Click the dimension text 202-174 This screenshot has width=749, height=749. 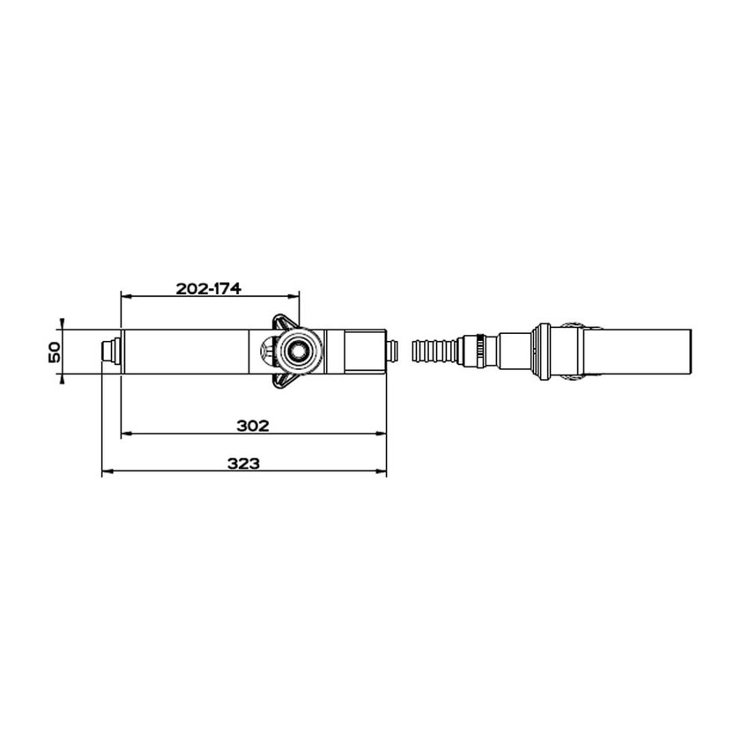(x=208, y=288)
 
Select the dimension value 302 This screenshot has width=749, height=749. (x=253, y=426)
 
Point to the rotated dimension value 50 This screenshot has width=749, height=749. (x=53, y=352)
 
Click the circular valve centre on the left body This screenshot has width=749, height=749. (x=294, y=352)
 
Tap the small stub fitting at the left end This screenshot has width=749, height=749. (x=109, y=352)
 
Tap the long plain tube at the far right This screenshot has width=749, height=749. (x=640, y=351)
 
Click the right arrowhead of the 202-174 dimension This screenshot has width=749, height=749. (x=296, y=296)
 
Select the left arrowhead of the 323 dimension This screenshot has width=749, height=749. (x=106, y=472)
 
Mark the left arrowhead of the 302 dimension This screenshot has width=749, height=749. (x=124, y=434)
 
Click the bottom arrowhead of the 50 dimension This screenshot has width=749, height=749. (x=62, y=379)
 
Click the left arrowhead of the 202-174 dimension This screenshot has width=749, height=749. (x=124, y=296)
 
